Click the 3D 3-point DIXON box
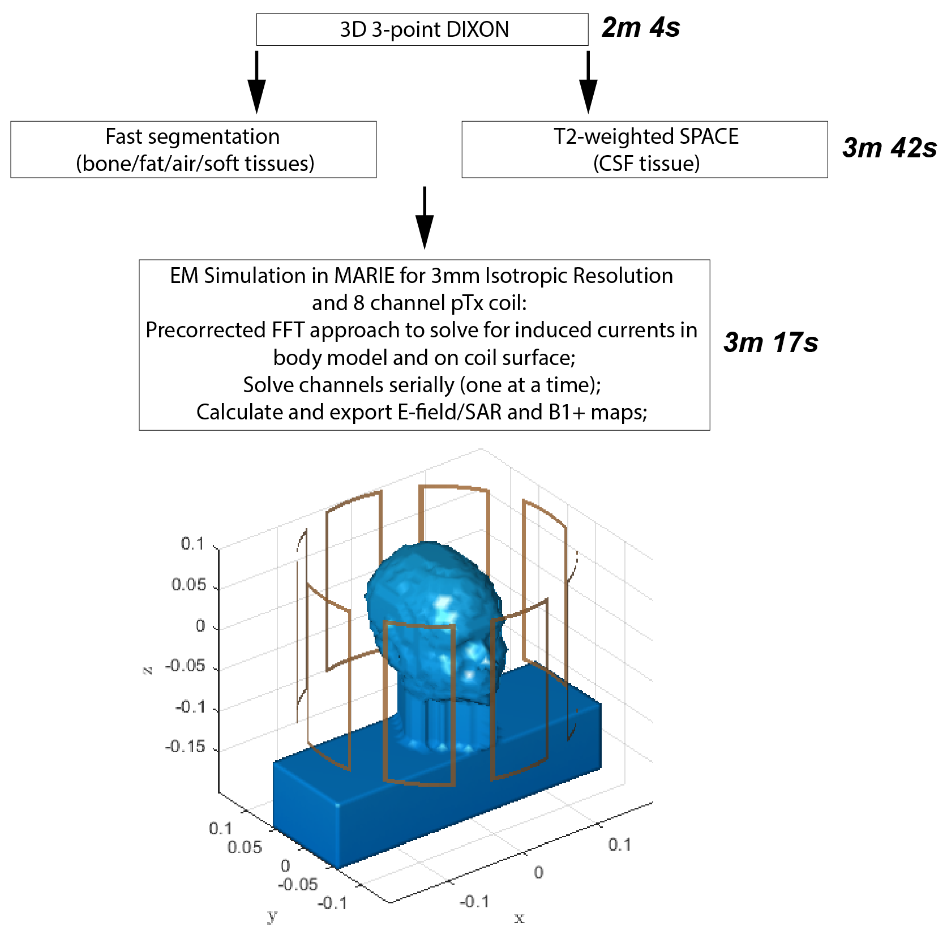tap(422, 29)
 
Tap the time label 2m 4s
tap(640, 28)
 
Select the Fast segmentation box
tap(193, 149)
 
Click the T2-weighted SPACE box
tap(644, 149)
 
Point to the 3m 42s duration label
tap(889, 148)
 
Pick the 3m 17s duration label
tap(770, 342)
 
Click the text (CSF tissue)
tap(646, 164)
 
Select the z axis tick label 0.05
tap(189, 585)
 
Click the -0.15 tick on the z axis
tap(185, 747)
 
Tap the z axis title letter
tap(147, 671)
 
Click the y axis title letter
tap(272, 915)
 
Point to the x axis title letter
tap(519, 918)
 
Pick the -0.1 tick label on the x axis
tap(474, 901)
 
